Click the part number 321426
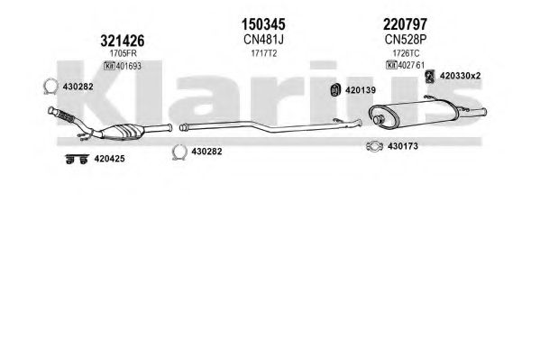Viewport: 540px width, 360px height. (x=123, y=41)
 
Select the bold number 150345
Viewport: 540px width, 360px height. (x=263, y=24)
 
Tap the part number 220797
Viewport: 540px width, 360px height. (x=405, y=24)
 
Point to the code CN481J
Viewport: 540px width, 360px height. (x=263, y=40)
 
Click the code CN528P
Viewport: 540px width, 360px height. (x=406, y=40)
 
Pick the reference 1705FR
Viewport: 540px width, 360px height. (x=123, y=53)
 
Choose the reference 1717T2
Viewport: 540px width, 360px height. (x=264, y=53)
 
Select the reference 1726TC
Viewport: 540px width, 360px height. (x=406, y=53)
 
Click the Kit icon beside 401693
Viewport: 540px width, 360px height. (x=109, y=66)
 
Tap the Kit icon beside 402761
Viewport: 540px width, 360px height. (x=391, y=65)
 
